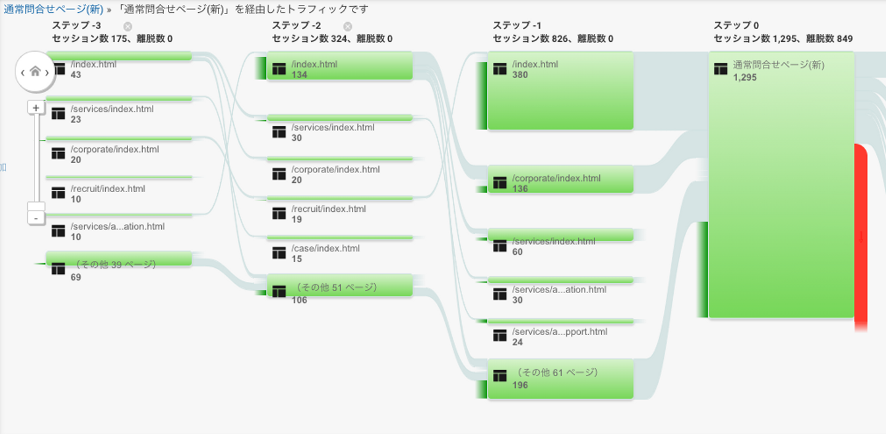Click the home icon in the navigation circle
click(35, 71)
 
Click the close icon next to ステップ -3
click(127, 26)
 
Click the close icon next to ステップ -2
click(348, 26)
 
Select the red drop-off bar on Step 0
click(860, 237)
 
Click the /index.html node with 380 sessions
click(560, 91)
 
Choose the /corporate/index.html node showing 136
click(560, 179)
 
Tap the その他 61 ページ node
click(560, 379)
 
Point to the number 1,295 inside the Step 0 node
click(745, 78)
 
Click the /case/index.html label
click(325, 249)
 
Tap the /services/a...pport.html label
click(559, 332)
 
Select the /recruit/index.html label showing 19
click(329, 209)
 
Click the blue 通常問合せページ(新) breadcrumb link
click(54, 9)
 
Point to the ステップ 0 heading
click(736, 26)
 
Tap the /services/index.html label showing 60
click(553, 242)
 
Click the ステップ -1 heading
click(517, 26)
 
